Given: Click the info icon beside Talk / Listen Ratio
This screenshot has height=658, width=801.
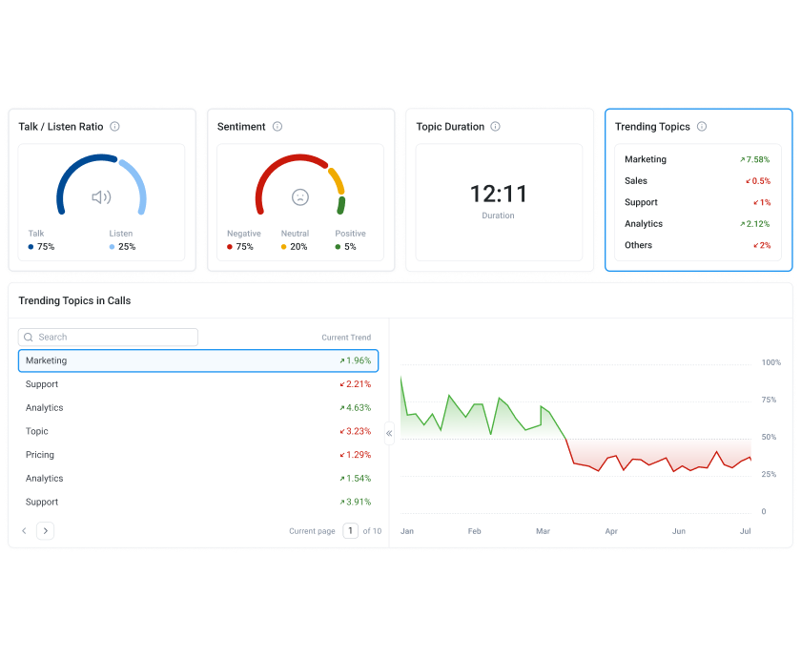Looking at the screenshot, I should (x=114, y=127).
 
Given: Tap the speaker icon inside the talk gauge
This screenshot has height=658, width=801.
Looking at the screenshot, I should (x=101, y=197).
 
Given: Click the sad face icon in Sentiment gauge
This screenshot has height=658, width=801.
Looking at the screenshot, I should (x=300, y=197).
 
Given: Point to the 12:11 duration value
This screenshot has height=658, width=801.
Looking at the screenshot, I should (x=498, y=195).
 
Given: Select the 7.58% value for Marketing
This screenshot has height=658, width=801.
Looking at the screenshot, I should (x=754, y=159).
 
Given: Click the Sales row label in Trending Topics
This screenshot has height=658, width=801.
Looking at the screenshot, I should (x=636, y=181).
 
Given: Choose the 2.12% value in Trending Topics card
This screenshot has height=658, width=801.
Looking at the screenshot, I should (x=754, y=224).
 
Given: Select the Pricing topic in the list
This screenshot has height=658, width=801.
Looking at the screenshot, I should (x=40, y=455).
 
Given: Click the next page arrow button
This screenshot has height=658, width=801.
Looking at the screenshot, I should (x=46, y=531).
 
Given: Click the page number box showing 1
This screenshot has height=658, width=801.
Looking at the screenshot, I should (x=351, y=531).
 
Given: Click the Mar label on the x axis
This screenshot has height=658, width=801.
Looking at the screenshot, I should (x=544, y=531).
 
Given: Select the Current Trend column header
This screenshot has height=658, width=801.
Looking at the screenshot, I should (x=346, y=338).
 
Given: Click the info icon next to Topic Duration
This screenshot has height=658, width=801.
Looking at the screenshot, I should (x=495, y=127).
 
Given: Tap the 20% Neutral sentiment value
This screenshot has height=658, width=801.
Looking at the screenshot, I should (x=298, y=247).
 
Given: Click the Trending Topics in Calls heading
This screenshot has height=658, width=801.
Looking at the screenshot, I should (x=74, y=300).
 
